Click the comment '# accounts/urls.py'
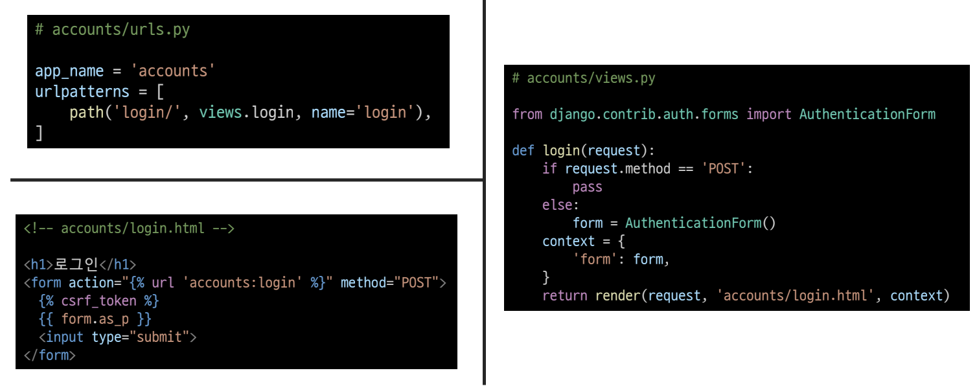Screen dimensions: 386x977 pyautogui.click(x=112, y=30)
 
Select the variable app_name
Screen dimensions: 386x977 pyautogui.click(x=69, y=71)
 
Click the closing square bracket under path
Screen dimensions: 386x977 pyautogui.click(x=39, y=133)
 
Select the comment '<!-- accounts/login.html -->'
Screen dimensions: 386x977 pyautogui.click(x=129, y=229)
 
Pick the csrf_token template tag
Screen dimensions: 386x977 pyautogui.click(x=98, y=301)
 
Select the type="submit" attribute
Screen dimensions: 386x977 pyautogui.click(x=140, y=337)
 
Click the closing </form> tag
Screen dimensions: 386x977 pyautogui.click(x=49, y=356)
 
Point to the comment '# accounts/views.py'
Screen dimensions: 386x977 pyautogui.click(x=583, y=78)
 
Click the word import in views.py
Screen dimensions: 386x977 pyautogui.click(x=768, y=115)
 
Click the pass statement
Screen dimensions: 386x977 pyautogui.click(x=587, y=187)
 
